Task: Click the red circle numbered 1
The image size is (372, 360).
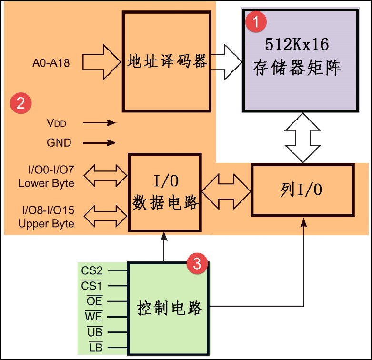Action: (256, 21)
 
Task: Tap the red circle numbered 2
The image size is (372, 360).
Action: (21, 103)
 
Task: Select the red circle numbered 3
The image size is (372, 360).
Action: (197, 263)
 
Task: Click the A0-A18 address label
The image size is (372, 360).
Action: (51, 62)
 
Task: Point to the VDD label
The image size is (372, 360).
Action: (57, 123)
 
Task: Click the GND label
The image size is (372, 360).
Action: (59, 142)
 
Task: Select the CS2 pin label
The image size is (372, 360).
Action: (92, 271)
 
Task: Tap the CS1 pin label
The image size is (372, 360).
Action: (92, 286)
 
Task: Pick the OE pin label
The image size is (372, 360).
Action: (94, 301)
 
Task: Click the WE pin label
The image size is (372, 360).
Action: (93, 317)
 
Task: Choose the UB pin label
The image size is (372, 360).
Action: (94, 332)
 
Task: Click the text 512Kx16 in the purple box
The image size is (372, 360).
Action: (297, 46)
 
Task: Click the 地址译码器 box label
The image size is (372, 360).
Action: (167, 61)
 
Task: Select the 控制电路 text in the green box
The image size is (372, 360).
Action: (169, 308)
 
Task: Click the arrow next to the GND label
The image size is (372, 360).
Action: (100, 142)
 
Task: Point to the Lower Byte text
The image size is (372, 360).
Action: (46, 183)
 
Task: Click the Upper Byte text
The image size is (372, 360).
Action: (46, 223)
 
